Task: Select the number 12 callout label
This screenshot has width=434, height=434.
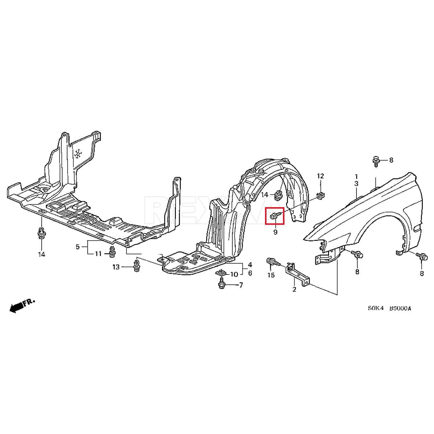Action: point(320,176)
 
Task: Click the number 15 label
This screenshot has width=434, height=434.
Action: point(271,275)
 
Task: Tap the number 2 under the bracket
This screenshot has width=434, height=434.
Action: point(295,289)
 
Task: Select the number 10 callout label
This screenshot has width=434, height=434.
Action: point(234,274)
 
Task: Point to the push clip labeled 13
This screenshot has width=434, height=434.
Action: point(136,266)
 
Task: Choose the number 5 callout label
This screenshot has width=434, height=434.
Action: point(78,247)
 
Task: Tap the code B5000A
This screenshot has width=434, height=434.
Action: point(400,308)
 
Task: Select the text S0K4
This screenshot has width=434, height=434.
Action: point(376,308)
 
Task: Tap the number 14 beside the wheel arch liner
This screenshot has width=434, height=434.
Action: point(264,195)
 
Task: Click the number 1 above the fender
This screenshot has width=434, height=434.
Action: point(356,176)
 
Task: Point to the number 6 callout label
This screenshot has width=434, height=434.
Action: point(250,273)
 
